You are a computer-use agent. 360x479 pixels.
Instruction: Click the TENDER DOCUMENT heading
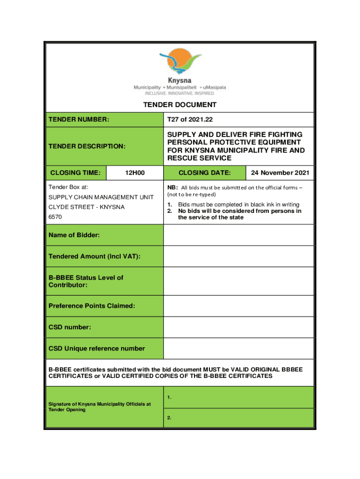click(x=180, y=105)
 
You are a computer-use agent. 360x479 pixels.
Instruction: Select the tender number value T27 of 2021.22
click(x=187, y=120)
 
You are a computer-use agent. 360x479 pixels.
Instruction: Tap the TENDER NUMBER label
click(x=79, y=120)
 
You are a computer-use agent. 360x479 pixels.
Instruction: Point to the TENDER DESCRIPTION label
click(x=87, y=146)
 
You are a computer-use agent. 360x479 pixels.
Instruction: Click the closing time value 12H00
click(x=135, y=173)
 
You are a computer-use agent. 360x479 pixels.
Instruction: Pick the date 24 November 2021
click(x=280, y=173)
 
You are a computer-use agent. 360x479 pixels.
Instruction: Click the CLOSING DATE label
click(x=204, y=173)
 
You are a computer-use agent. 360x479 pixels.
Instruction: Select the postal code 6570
click(x=55, y=218)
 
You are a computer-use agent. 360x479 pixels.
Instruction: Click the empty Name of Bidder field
click(x=238, y=235)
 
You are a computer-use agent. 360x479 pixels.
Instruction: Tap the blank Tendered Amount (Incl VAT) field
click(x=238, y=256)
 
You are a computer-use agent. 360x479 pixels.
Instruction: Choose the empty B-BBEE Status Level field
click(x=238, y=281)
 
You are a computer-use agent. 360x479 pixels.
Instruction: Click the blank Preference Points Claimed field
click(x=238, y=306)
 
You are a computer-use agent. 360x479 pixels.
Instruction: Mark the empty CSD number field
click(x=238, y=327)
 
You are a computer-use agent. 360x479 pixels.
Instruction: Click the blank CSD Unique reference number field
click(x=238, y=348)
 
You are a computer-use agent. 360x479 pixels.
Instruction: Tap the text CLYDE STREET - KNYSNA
click(x=86, y=207)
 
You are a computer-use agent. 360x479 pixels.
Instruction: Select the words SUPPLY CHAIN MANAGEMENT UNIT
click(x=101, y=197)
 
